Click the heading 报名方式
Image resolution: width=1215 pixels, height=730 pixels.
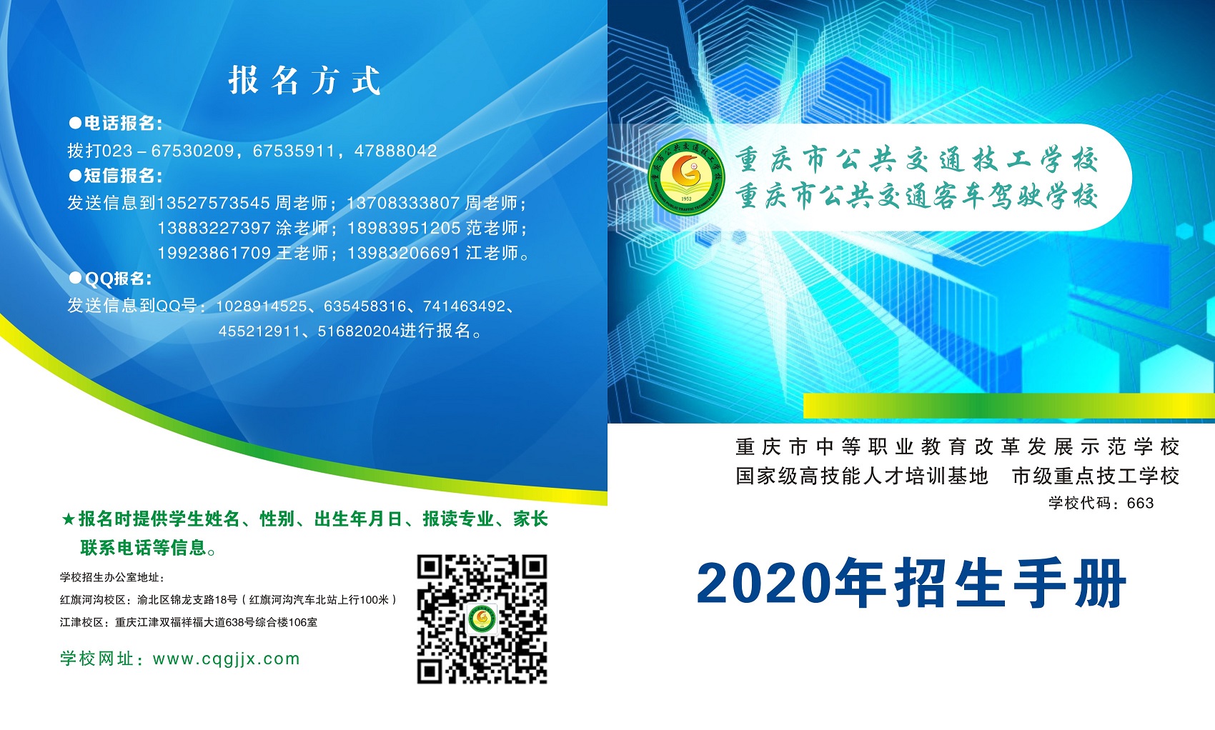(304, 81)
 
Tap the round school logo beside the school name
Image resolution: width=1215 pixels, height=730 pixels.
(686, 177)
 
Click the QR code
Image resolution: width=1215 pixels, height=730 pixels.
(482, 619)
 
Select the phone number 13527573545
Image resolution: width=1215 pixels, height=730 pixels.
(213, 203)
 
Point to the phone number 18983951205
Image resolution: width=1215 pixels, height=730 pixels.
(404, 228)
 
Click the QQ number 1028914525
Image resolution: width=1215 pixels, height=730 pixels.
(262, 306)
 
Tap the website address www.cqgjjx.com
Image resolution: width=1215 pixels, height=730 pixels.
(226, 659)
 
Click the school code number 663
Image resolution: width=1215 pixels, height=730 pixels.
(1140, 503)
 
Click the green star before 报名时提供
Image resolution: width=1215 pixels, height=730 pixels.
(68, 520)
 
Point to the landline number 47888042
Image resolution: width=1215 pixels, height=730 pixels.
(395, 150)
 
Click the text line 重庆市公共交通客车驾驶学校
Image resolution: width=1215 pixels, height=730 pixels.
(917, 196)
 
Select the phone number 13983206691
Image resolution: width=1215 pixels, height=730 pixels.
(404, 253)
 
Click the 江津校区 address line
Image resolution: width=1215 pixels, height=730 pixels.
(188, 622)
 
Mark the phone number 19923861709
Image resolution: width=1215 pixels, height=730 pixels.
(214, 253)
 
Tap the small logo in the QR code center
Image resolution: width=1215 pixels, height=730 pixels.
(482, 619)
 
